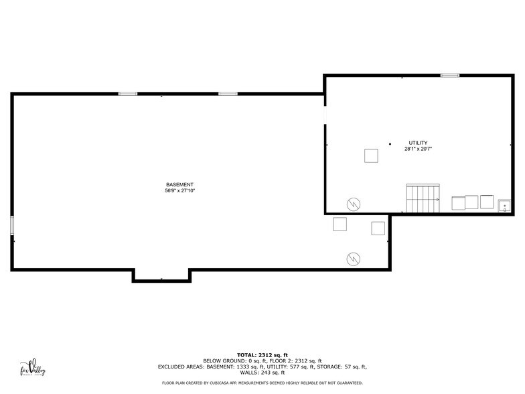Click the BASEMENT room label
point(179,184)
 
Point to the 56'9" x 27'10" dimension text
point(179,191)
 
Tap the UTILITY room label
point(418,143)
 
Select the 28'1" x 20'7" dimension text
point(418,149)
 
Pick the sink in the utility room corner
point(505,204)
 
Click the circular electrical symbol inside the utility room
point(353,204)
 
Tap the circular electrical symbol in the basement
point(352,258)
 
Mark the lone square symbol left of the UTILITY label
point(371,155)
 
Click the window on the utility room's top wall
point(449,76)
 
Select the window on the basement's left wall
point(12,224)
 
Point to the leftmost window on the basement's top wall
point(128,94)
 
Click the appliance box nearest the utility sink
point(487,202)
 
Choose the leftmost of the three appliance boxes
point(459,202)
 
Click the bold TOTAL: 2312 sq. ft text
point(262,354)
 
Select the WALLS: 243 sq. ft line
point(262,373)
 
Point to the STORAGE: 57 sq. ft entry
point(342,367)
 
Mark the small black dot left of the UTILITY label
point(390,143)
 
